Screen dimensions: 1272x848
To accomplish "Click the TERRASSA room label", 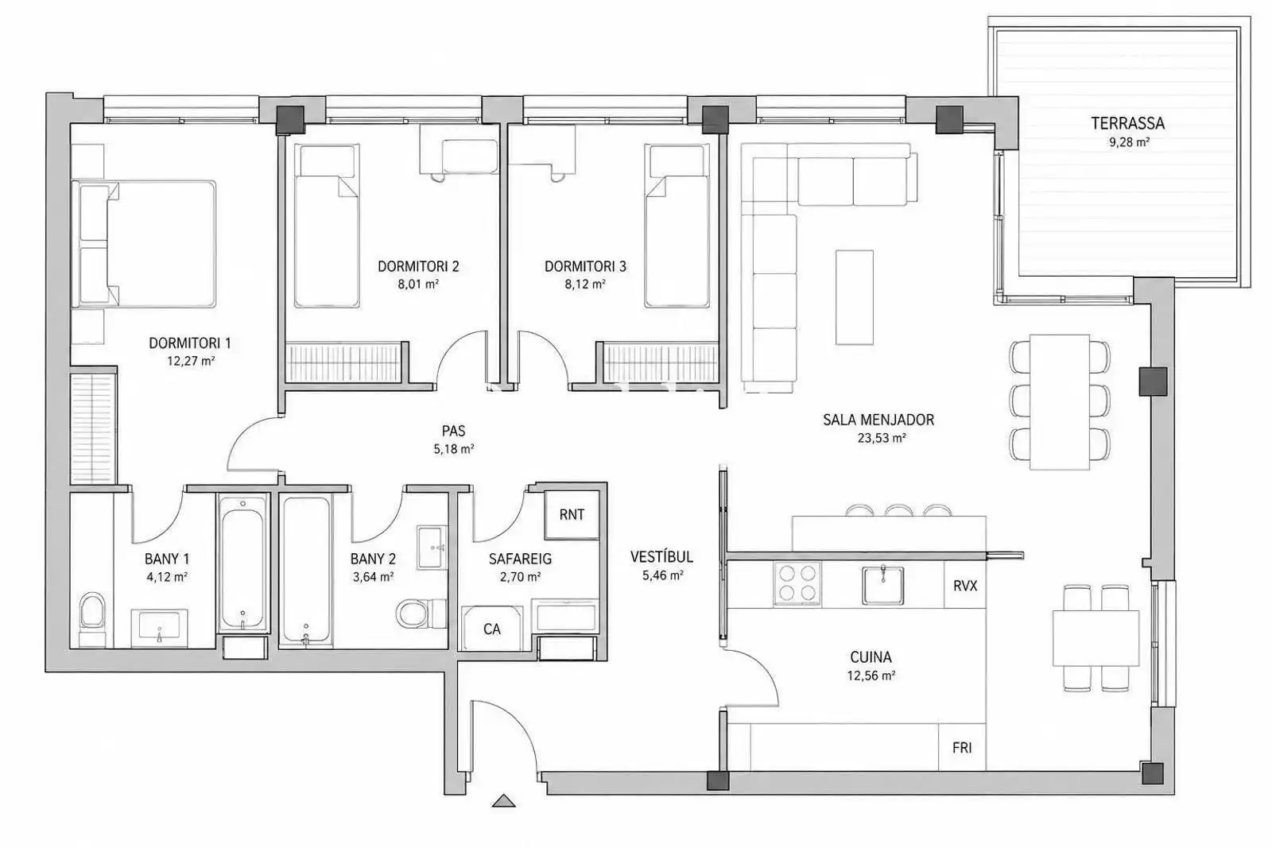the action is tap(1128, 123).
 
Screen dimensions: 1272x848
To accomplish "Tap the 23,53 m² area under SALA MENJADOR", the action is tap(882, 438).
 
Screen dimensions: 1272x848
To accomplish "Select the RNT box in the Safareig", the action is tap(572, 514).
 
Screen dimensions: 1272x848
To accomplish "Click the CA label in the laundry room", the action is tap(492, 629).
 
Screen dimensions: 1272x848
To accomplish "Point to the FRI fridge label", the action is tap(962, 748).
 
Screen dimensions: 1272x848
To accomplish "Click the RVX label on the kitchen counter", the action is tap(965, 585).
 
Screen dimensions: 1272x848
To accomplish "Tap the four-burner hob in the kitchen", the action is tap(797, 584).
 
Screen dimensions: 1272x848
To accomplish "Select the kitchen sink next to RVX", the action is tap(883, 585).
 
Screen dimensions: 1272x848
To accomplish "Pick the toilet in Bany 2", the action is tap(414, 614).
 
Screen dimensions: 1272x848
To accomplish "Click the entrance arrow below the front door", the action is tap(504, 801).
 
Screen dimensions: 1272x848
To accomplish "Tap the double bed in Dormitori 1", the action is tap(144, 244).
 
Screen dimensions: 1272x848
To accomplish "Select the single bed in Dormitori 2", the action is tap(327, 226).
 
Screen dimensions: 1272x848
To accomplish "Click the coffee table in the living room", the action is tap(854, 297).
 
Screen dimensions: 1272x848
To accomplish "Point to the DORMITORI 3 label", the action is tap(585, 266).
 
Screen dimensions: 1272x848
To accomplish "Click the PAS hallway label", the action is tap(453, 432).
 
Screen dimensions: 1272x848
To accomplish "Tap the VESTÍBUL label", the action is tap(661, 556).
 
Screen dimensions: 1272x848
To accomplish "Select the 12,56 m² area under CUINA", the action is tap(871, 676).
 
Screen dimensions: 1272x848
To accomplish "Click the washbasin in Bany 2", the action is tap(432, 547).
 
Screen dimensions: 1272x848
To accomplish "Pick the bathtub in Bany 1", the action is tap(243, 563).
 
